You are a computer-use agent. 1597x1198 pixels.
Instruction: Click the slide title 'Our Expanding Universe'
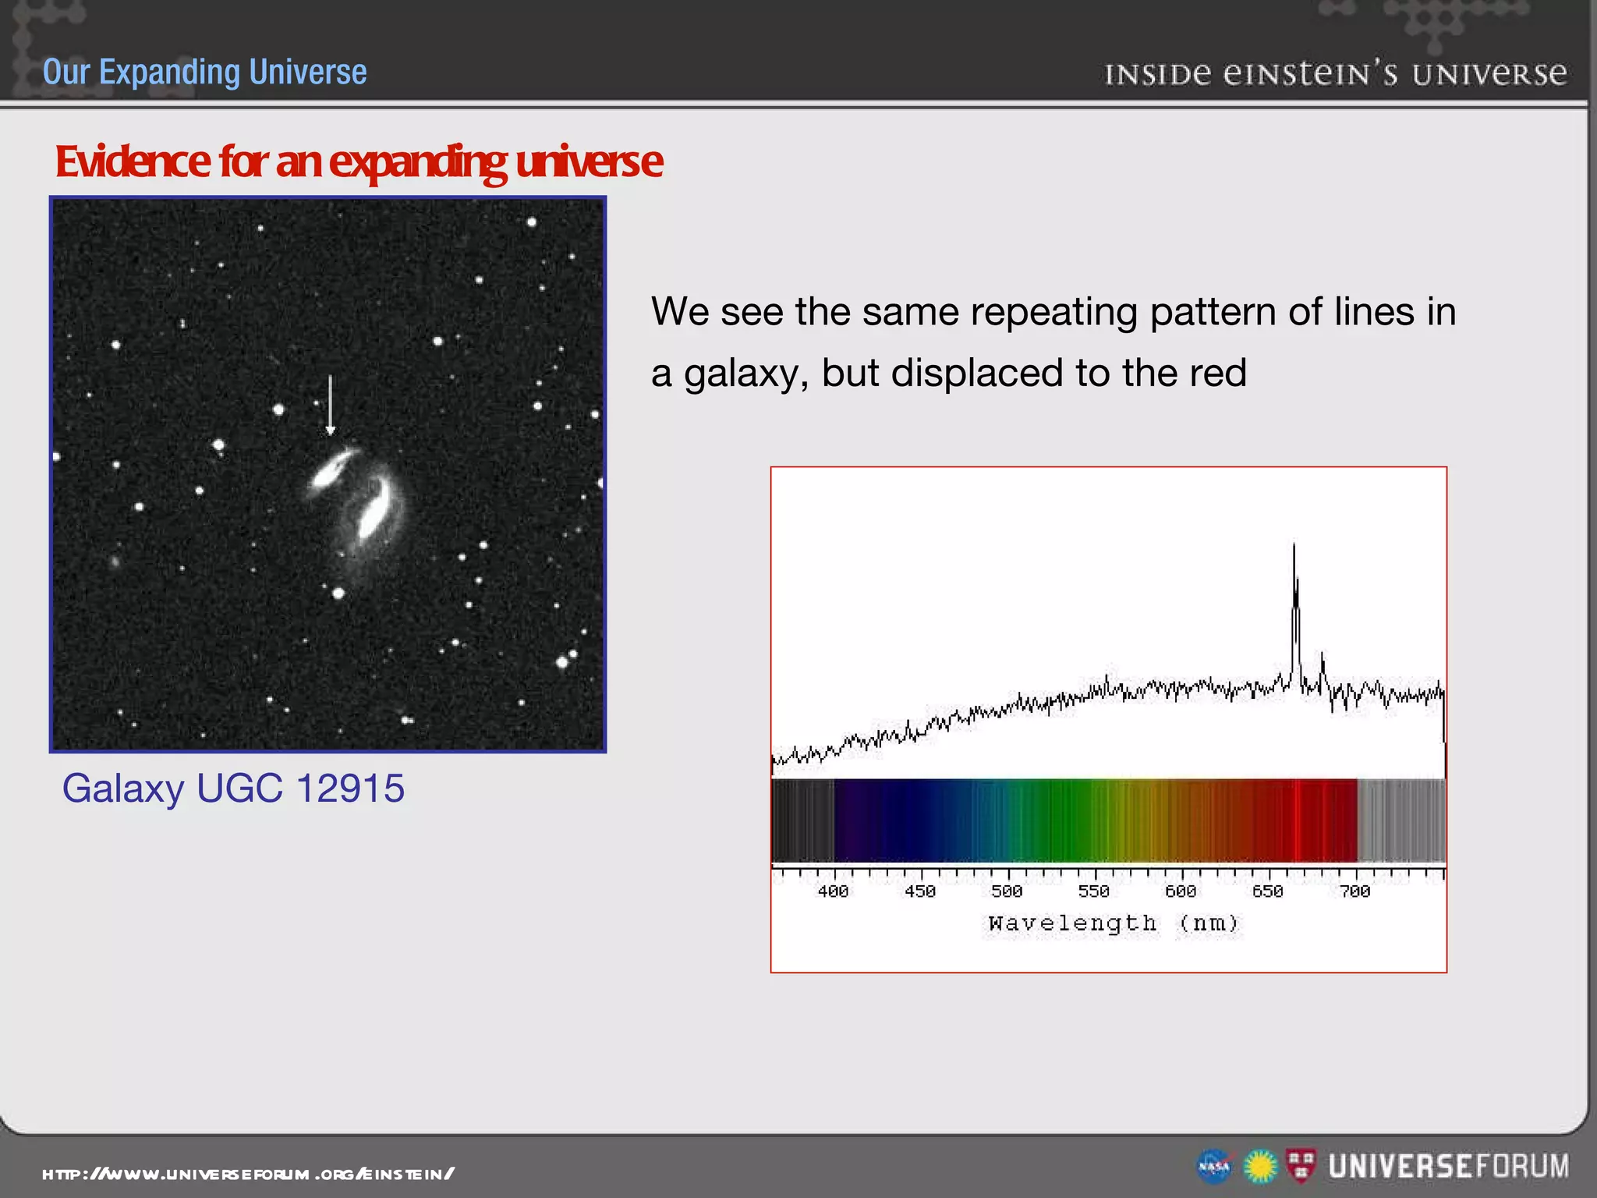[204, 72]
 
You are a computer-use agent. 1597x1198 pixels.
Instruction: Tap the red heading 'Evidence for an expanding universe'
[359, 161]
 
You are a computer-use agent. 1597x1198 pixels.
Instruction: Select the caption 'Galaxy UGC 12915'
[233, 788]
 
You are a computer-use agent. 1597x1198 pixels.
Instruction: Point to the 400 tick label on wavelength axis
[833, 891]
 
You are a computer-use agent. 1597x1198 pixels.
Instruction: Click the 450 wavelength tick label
[920, 891]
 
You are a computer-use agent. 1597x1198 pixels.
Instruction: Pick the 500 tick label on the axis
[1007, 891]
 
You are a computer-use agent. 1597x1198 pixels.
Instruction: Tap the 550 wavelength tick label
[1093, 891]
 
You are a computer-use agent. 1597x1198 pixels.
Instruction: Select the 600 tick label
[1181, 891]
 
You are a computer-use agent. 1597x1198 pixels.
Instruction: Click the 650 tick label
[1267, 891]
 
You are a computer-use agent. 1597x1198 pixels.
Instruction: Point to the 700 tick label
[1354, 891]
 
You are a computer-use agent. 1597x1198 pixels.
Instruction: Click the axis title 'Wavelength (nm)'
[1113, 923]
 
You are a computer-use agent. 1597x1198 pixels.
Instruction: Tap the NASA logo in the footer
[1213, 1167]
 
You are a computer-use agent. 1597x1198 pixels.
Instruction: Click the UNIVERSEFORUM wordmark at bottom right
[1448, 1167]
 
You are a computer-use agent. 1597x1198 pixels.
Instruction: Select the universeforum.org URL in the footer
[248, 1174]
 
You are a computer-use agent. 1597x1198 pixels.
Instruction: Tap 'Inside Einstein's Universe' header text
[1335, 74]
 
